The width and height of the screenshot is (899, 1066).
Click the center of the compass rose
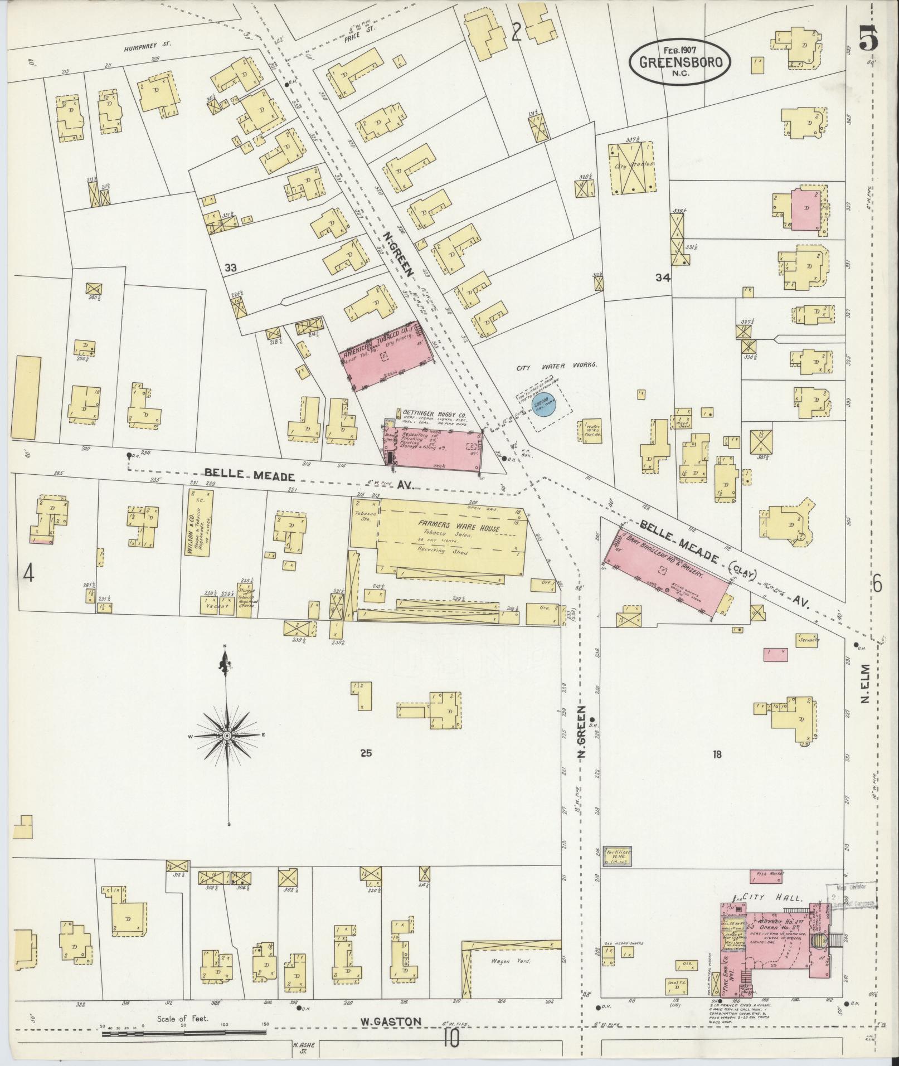pos(227,736)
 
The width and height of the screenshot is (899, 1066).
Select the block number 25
pos(366,753)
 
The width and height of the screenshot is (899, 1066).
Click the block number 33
pos(231,268)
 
